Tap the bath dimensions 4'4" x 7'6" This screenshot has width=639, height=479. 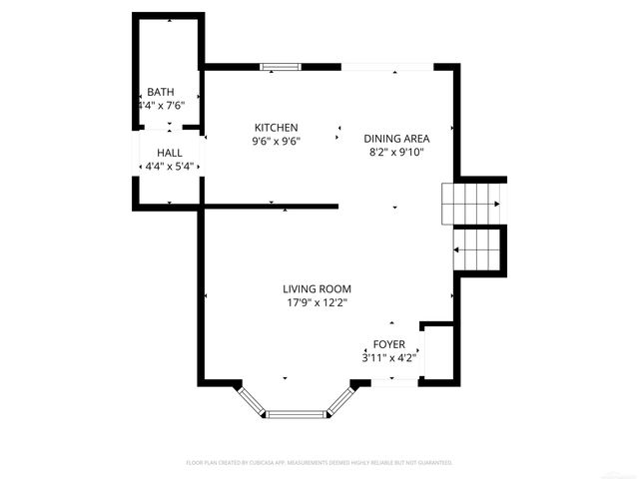161,104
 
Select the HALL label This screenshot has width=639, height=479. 169,153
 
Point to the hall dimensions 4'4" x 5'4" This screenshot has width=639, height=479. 169,166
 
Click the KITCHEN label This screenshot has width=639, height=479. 277,128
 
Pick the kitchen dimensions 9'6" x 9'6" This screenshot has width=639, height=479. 277,141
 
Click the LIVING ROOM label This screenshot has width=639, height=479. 317,288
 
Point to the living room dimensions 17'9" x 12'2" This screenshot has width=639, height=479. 317,302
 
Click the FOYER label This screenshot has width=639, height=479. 389,343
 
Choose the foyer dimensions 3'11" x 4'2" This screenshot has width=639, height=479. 389,356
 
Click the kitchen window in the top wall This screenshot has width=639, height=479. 281,68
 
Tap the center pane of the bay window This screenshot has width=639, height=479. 295,412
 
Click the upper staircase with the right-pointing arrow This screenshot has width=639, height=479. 472,205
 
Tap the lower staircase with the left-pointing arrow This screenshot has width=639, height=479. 477,248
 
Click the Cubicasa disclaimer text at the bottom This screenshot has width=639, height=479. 319,463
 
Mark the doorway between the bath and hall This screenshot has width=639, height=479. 169,130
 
